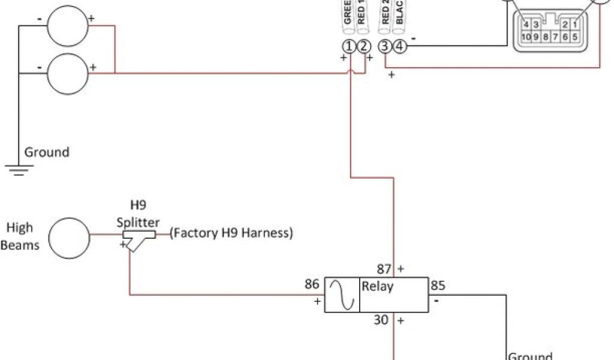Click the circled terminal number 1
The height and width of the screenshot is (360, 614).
click(348, 47)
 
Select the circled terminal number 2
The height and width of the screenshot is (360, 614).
click(363, 47)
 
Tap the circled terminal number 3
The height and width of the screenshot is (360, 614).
click(386, 47)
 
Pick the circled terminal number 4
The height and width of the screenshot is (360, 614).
click(401, 47)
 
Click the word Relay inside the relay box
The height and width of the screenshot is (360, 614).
click(378, 286)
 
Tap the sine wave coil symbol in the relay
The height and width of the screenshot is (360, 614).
click(342, 295)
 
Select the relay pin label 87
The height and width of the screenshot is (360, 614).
click(384, 269)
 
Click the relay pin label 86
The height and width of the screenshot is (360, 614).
click(312, 284)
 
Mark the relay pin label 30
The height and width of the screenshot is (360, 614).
click(381, 320)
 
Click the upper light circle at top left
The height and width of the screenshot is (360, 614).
click(68, 25)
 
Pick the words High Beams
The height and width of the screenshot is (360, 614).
click(20, 236)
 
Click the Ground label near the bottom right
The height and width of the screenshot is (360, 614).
click(530, 355)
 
